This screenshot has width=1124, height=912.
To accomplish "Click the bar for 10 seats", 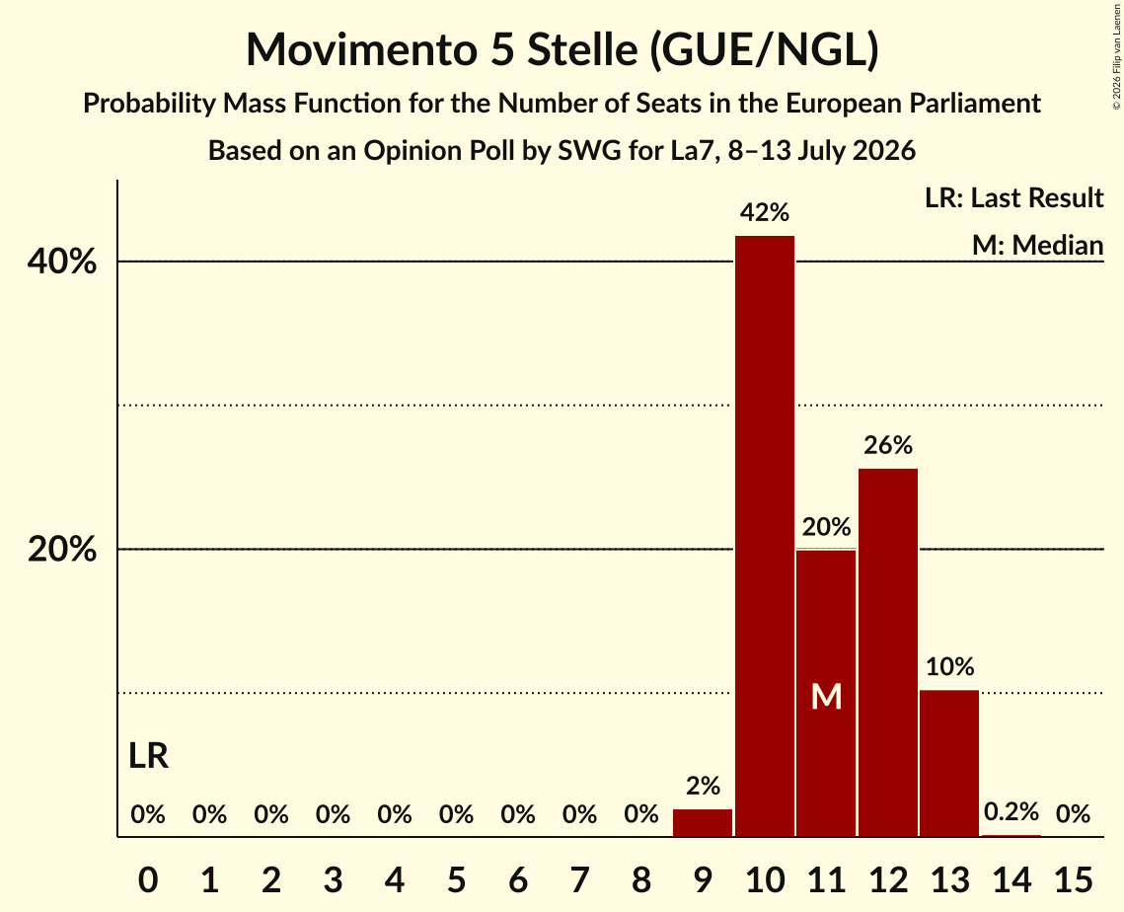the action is point(765,536).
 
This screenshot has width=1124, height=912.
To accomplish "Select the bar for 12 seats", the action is point(888,652).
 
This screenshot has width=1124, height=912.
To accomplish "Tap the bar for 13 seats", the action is point(949,763).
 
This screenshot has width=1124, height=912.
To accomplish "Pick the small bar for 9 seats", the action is point(703,822).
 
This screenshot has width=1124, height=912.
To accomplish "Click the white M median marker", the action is point(826,696).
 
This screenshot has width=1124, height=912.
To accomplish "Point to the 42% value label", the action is point(765,212).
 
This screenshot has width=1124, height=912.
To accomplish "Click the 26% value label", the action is point(888,445).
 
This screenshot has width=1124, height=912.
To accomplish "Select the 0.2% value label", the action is point(1011,811).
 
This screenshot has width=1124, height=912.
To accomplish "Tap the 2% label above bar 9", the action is point(703,787).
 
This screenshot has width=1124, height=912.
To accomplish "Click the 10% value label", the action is point(949,667).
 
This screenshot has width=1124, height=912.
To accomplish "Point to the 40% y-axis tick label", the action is point(61,262).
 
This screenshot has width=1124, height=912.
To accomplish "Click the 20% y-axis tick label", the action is point(61,550).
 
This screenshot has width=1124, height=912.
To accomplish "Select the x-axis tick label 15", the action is point(1073,879).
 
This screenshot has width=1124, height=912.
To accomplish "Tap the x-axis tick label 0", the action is point(148,879).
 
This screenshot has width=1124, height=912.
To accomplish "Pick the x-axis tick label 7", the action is point(579,879).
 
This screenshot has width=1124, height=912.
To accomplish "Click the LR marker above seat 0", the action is point(148,756).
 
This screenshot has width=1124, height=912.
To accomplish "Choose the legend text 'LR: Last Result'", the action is point(1013,197).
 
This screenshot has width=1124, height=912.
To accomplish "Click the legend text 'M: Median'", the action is point(1037,245).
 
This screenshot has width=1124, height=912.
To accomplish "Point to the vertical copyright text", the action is point(1116,56).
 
